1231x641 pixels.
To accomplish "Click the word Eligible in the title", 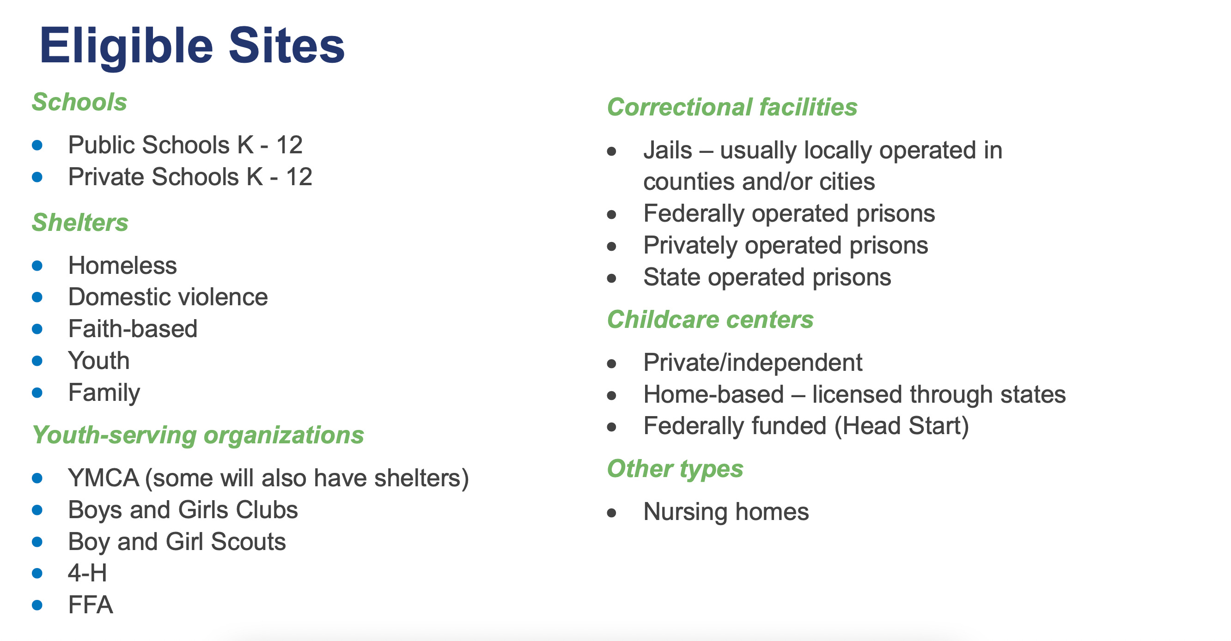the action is click(126, 47).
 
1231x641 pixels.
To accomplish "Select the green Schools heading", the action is click(79, 102).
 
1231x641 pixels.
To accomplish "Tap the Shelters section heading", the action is click(80, 222).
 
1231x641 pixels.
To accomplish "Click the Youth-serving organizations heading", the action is click(198, 435).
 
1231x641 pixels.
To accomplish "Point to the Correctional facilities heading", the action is click(732, 107).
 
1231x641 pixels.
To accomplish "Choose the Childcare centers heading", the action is click(710, 319).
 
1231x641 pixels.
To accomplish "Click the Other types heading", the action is click(675, 469).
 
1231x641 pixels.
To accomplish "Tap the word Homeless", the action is click(122, 265).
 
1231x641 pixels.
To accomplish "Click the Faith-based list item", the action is click(133, 329).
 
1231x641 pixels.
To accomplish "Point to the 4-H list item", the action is click(87, 573).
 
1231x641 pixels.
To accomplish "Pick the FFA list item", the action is click(91, 605).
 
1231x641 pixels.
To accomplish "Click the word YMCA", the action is click(103, 478).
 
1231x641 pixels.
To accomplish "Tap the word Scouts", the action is click(249, 541).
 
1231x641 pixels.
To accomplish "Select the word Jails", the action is click(668, 150).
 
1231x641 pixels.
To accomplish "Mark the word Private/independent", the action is click(753, 363).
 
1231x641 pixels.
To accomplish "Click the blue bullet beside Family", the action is click(37, 393).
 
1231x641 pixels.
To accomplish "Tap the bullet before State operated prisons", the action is click(612, 278).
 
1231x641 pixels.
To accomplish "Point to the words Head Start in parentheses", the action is click(901, 426).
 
